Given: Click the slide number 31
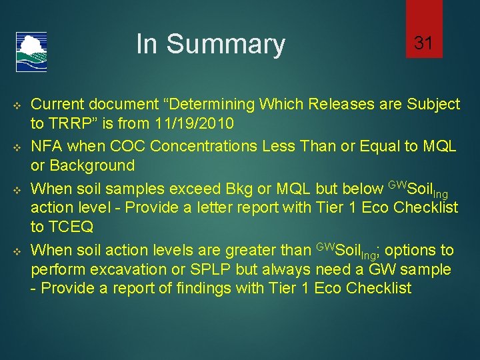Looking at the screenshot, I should click(x=424, y=44).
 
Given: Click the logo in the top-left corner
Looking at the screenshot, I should click(x=31, y=52).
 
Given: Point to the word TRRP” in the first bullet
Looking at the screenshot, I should click(x=74, y=123).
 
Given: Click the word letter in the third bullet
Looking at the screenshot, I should click(x=244, y=207).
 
